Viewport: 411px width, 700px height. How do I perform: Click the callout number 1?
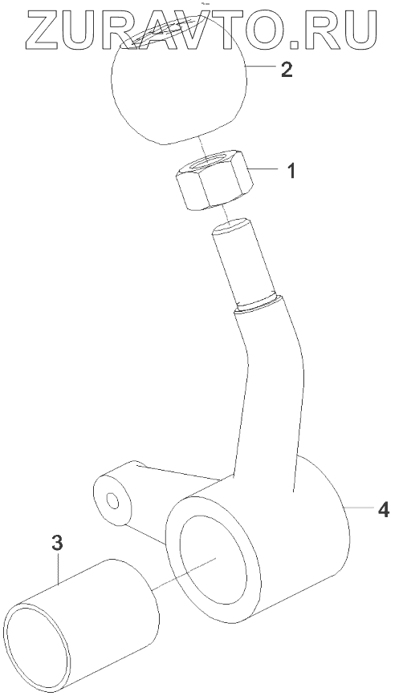[x=291, y=171]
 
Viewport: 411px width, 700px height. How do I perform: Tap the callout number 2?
[x=287, y=69]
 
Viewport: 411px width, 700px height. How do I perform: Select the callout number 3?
[x=57, y=544]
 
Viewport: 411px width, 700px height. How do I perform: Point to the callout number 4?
[x=383, y=509]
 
